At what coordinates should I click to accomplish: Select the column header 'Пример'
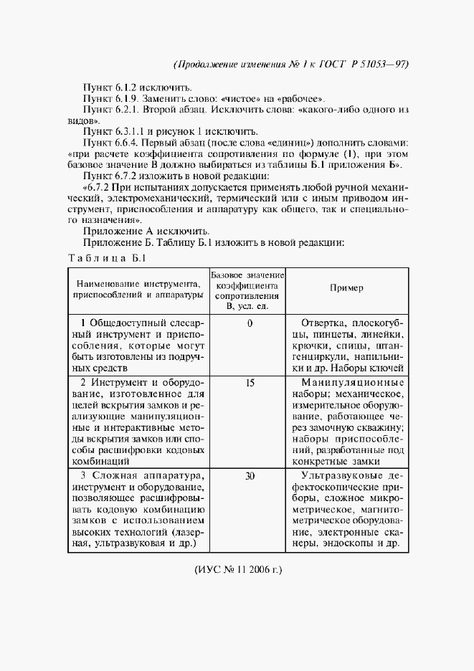click(346, 288)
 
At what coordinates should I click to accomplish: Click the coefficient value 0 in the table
click(250, 323)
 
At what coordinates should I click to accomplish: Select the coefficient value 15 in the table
click(250, 384)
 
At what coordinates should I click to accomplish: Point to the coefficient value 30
click(250, 475)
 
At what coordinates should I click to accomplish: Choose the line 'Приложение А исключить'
click(146, 231)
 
